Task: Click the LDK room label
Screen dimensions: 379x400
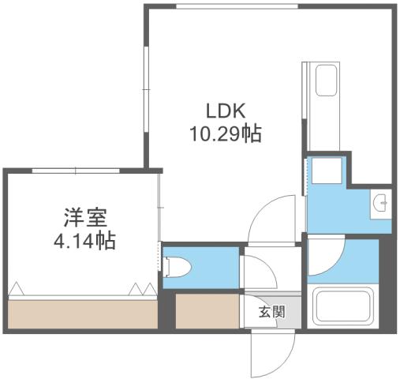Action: point(226,112)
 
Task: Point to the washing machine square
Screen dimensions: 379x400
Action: point(326,171)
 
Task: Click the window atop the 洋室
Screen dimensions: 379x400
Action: point(76,170)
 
